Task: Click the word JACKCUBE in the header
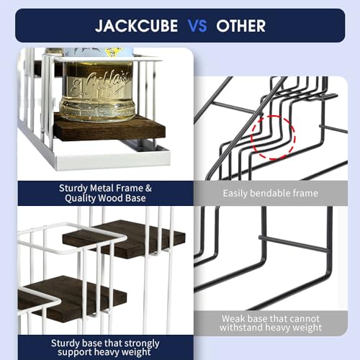point(136,26)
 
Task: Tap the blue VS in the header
point(197,26)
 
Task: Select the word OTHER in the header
point(240,26)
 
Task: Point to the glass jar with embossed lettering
point(98,92)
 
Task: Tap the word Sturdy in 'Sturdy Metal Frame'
point(73,189)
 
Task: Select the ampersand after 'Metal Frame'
point(148,188)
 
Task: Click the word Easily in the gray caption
point(235,194)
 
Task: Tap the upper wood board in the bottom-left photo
point(124,239)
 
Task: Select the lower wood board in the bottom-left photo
point(72,299)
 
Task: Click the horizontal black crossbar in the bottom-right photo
point(293,243)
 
